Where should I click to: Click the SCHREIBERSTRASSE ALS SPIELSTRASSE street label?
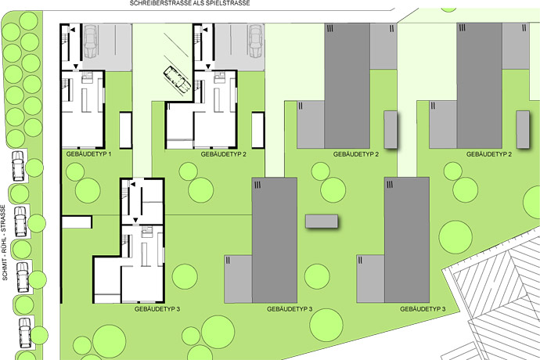click(189, 3)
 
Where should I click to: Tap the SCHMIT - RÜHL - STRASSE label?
click(4, 243)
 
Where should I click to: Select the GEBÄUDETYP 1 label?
click(88, 154)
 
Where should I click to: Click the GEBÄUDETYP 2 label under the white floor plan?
click(224, 154)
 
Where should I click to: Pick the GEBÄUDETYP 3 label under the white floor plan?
click(157, 309)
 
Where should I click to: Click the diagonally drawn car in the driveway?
click(178, 79)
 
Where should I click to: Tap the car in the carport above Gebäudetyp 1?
click(91, 41)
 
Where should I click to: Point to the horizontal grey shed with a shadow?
click(322, 221)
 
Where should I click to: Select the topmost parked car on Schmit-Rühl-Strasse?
click(18, 166)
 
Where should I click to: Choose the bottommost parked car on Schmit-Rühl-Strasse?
click(24, 333)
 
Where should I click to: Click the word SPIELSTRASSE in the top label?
click(230, 3)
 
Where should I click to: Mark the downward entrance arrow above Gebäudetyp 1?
click(76, 67)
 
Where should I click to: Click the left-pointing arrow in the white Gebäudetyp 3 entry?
click(132, 185)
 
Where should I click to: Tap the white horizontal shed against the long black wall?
click(77, 221)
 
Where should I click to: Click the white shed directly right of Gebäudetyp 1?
click(125, 131)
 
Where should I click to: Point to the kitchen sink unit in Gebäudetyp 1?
click(87, 77)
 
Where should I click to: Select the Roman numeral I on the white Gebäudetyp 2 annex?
click(169, 106)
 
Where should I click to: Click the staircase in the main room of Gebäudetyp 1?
click(67, 89)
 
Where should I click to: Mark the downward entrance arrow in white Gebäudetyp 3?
click(135, 220)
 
